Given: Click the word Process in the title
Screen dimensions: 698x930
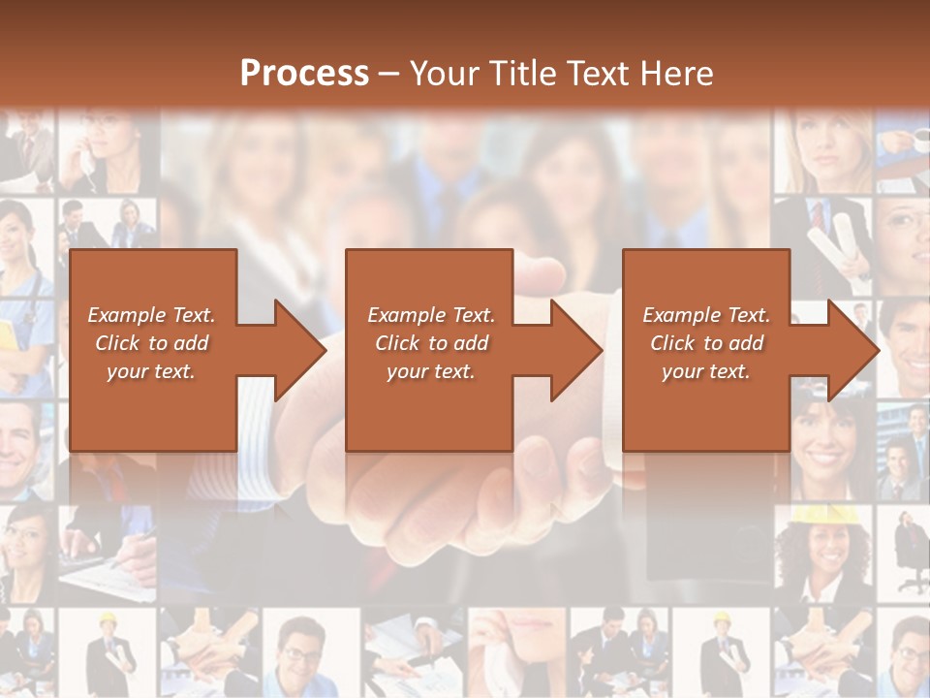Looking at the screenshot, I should tap(304, 74).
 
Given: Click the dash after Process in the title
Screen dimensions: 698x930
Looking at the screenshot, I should tap(389, 75).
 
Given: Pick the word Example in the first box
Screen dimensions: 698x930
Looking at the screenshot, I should tap(127, 315).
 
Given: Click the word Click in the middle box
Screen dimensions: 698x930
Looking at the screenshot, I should tap(398, 343).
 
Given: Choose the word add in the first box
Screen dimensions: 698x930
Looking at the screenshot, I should tap(191, 343).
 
